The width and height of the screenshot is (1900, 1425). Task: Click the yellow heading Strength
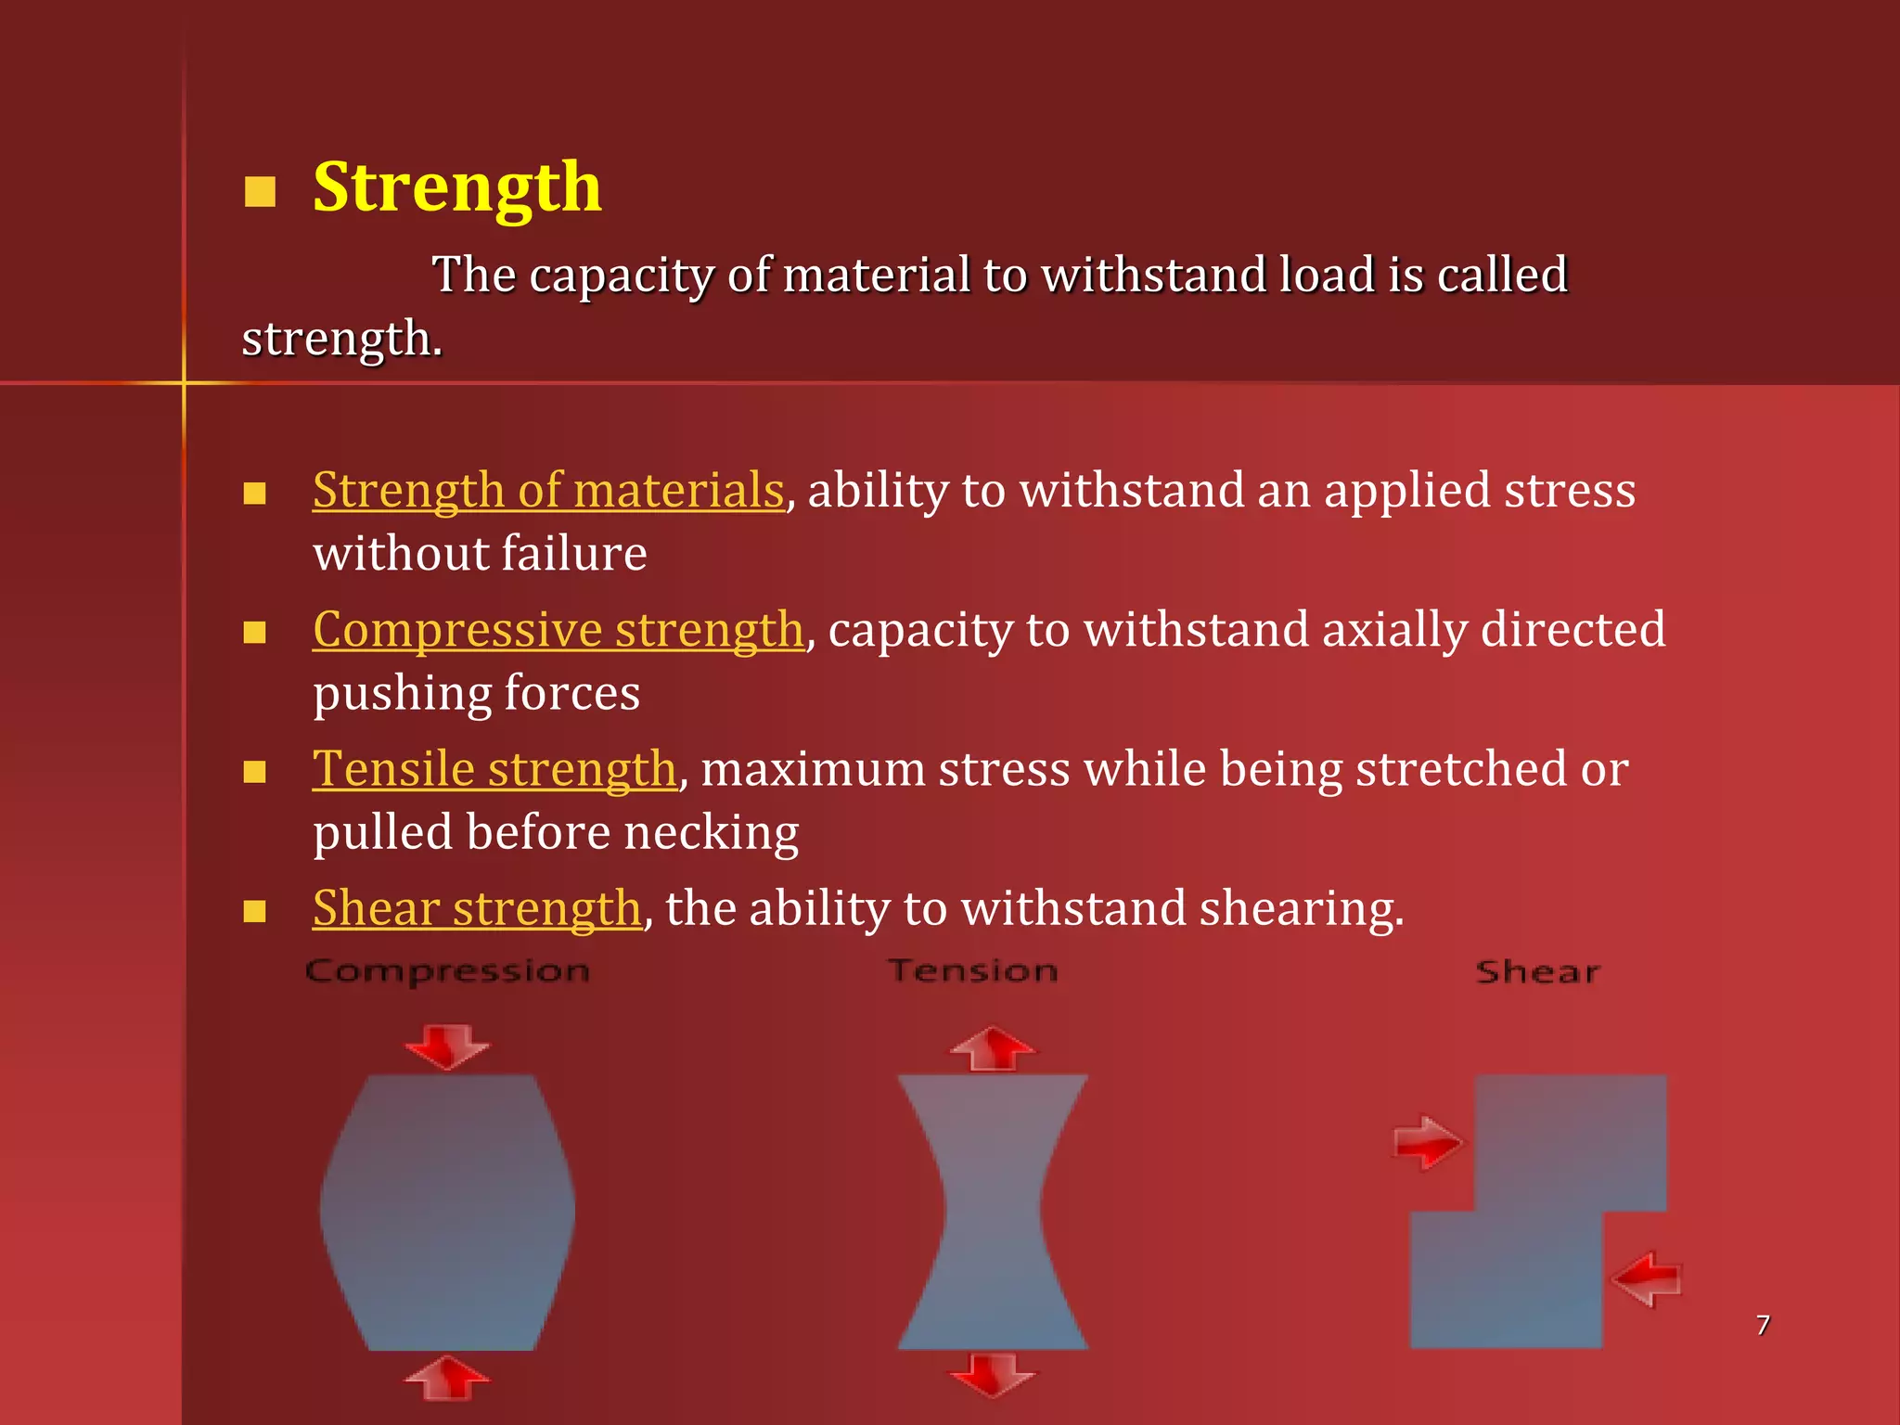[456, 187]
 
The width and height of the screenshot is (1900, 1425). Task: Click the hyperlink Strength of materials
[548, 490]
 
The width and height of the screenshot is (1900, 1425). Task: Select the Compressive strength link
[558, 630]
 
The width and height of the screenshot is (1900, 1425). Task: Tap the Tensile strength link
[494, 769]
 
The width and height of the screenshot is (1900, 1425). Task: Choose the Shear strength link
[477, 908]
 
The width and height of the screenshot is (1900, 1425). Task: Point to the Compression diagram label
[447, 971]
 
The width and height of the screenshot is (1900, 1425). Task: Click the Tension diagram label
[972, 971]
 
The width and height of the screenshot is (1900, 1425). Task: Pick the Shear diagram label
[1537, 972]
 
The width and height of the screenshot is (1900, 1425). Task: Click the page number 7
[1763, 1325]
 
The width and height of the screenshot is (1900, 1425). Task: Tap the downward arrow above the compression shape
[447, 1046]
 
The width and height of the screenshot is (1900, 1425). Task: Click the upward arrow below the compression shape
[447, 1378]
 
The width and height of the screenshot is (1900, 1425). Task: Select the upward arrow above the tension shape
[993, 1048]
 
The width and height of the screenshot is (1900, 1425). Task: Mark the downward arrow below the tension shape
[993, 1374]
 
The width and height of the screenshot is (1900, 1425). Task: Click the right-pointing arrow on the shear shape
[1427, 1142]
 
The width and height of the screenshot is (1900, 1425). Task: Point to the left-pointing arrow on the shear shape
[1647, 1279]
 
